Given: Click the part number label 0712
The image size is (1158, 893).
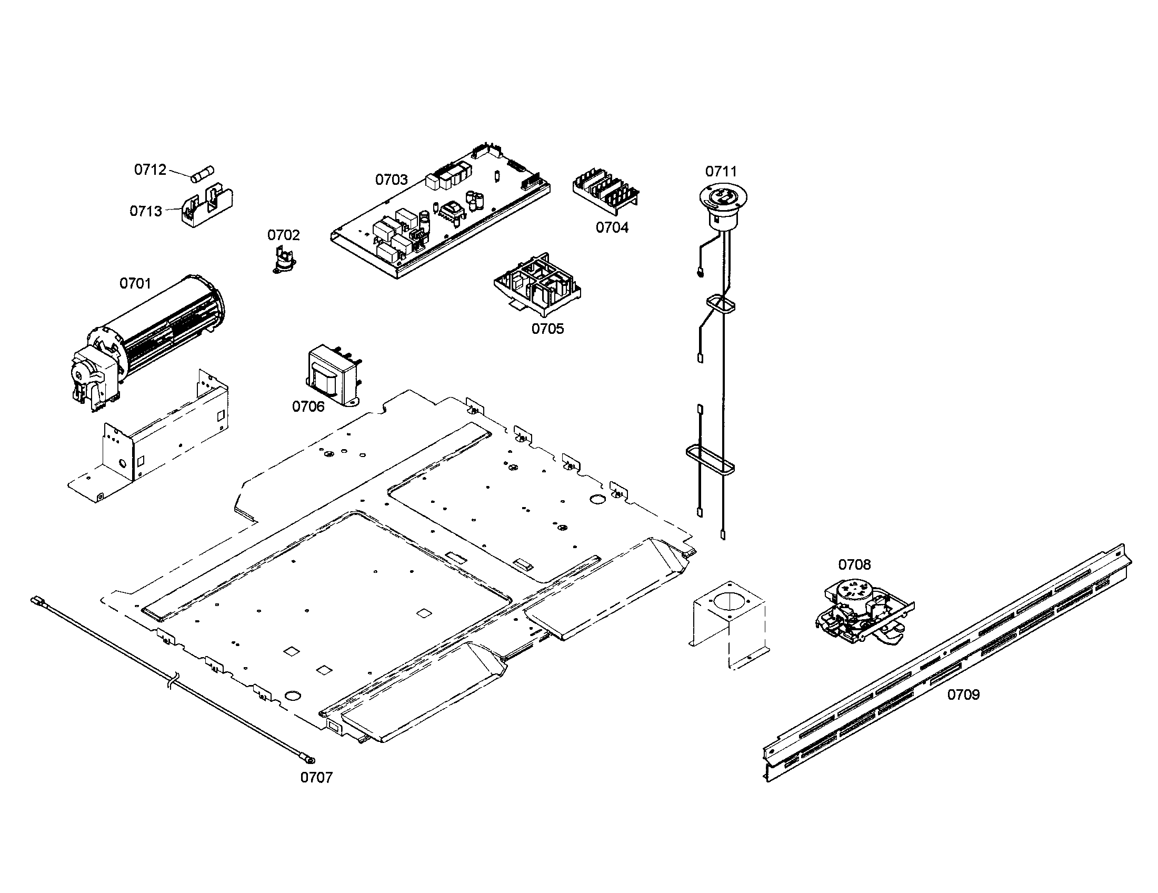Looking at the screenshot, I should (x=150, y=170).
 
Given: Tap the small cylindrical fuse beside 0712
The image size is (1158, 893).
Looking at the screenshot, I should (x=204, y=174).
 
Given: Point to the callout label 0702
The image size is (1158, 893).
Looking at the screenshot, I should (x=283, y=235).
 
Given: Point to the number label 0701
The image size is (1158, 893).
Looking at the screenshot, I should (x=135, y=284).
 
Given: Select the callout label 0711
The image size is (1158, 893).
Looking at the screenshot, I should (x=721, y=172).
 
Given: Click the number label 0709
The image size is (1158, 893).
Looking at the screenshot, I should (x=963, y=694).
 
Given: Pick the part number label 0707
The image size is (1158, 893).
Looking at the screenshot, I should (x=316, y=777).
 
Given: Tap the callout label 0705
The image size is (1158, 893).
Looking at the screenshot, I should (x=548, y=329).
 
